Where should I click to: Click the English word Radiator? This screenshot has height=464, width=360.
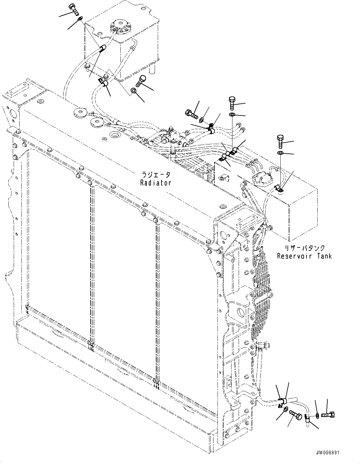point(155,183)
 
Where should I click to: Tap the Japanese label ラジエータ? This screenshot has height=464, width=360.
point(155,175)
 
